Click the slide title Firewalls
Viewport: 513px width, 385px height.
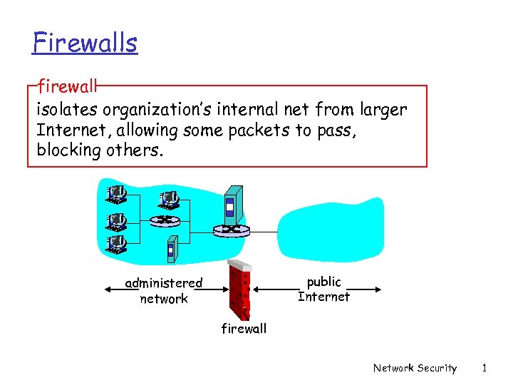click(x=85, y=43)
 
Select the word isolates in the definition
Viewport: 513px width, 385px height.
click(x=68, y=111)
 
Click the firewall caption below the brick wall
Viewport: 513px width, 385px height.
click(x=244, y=329)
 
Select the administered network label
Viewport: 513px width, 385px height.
click(x=164, y=291)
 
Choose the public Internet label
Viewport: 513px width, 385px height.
click(x=323, y=289)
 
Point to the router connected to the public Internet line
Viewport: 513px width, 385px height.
click(x=231, y=230)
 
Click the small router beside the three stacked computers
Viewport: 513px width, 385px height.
click(x=165, y=220)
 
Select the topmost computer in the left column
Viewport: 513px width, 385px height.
click(x=115, y=194)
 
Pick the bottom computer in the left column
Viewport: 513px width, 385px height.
click(x=115, y=244)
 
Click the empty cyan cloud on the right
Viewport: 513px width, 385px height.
click(x=331, y=228)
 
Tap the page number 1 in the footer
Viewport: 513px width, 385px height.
click(x=484, y=368)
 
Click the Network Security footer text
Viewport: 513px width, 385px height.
click(x=415, y=368)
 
